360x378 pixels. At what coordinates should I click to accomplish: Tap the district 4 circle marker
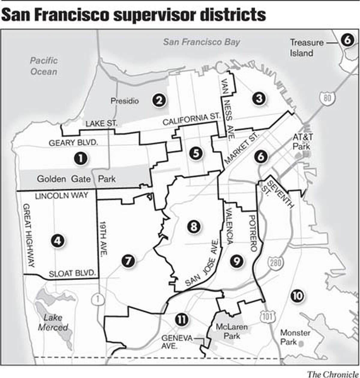[58, 241]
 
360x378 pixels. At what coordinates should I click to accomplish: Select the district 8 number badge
[193, 226]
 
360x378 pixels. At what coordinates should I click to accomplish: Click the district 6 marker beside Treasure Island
[346, 40]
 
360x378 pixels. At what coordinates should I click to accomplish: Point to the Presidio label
[125, 101]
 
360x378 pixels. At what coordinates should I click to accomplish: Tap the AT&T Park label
[302, 142]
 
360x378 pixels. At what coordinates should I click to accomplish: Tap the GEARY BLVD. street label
[73, 143]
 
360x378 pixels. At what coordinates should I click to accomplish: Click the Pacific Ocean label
[44, 66]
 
